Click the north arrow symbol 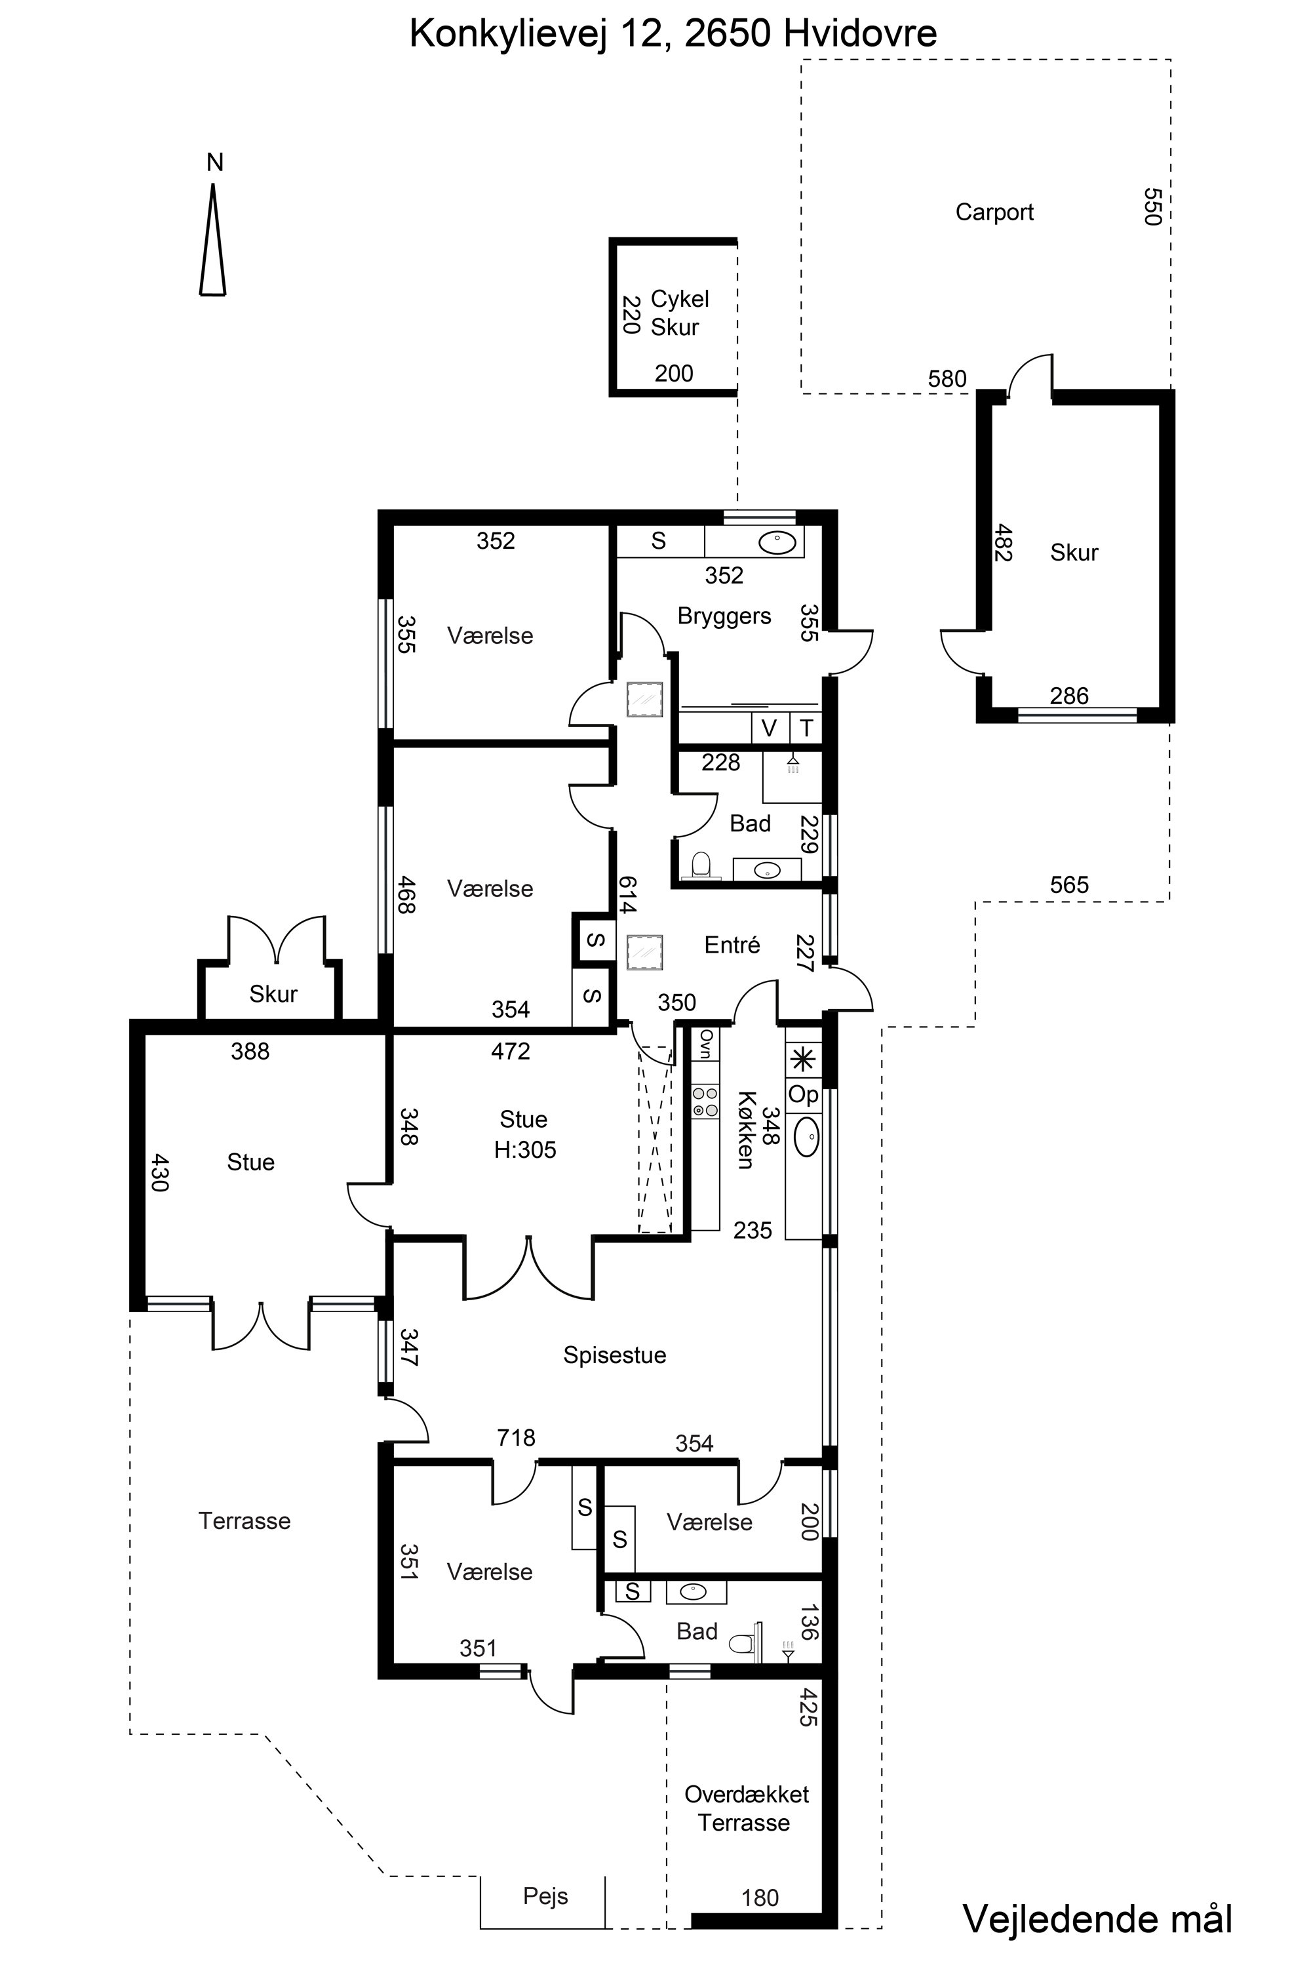click(x=213, y=239)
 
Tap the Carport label click(x=994, y=212)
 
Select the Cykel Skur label click(x=679, y=313)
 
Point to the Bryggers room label click(x=724, y=616)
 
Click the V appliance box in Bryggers click(x=769, y=728)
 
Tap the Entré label click(x=732, y=944)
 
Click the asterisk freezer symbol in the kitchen click(x=804, y=1060)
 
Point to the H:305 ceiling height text click(x=525, y=1150)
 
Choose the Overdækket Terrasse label click(x=746, y=1808)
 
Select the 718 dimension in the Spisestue click(x=516, y=1438)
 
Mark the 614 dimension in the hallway click(x=628, y=894)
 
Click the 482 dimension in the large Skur click(x=1004, y=543)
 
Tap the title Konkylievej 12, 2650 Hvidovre click(x=673, y=34)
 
